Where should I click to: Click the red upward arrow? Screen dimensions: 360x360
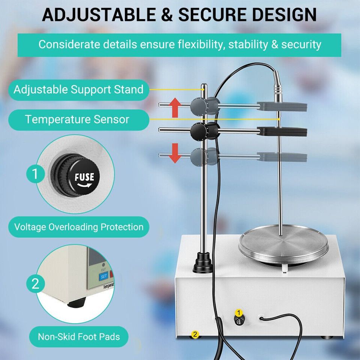175,108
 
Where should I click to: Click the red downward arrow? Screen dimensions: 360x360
175,153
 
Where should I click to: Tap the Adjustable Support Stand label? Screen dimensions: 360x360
78,90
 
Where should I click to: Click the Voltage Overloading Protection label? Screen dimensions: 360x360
78,227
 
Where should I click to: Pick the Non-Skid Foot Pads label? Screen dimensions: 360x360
78,337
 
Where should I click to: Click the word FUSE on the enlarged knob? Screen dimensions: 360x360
84,177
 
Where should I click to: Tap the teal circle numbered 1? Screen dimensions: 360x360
35,174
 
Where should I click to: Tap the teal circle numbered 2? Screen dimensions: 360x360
35,284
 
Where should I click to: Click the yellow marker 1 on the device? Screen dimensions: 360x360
239,313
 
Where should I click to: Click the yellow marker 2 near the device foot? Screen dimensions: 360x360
195,334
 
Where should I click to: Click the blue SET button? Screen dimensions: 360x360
103,276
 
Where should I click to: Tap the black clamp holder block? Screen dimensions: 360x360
282,132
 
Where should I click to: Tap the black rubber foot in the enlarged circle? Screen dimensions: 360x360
76,303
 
